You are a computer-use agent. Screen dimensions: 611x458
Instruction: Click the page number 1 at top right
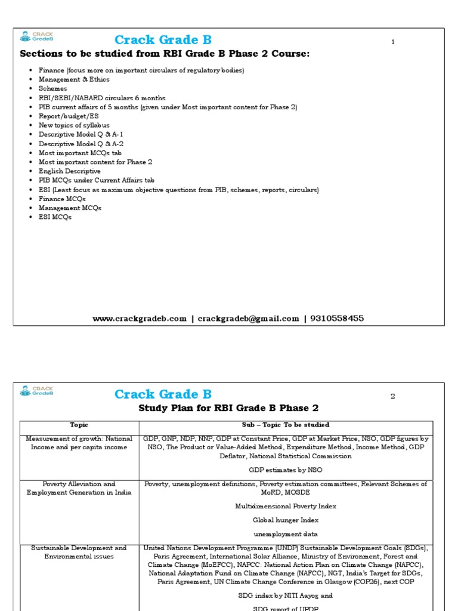coord(393,42)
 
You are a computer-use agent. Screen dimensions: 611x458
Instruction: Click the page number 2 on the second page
coord(393,396)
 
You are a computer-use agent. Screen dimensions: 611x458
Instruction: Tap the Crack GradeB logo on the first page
coord(36,36)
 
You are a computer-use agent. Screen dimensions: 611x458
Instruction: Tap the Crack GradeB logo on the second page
coord(36,391)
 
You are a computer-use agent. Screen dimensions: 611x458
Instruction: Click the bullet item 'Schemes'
coord(53,88)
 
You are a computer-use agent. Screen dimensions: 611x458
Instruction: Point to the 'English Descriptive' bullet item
coord(70,171)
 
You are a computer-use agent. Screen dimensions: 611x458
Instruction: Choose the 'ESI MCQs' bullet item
coord(55,217)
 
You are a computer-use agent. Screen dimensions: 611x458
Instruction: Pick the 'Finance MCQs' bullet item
coord(62,199)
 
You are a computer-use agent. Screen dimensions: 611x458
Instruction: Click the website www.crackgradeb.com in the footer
coord(140,319)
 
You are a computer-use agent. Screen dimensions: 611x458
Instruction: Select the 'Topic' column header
coord(79,425)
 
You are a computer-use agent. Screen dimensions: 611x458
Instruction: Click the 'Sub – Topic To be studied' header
coord(286,425)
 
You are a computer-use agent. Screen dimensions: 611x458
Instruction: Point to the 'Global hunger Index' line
coord(286,520)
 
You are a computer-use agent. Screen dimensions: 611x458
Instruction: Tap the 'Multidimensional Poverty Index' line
coord(286,506)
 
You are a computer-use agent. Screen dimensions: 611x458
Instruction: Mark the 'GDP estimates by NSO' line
coord(286,470)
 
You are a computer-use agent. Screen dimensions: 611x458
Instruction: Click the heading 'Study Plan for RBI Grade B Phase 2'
coord(228,408)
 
